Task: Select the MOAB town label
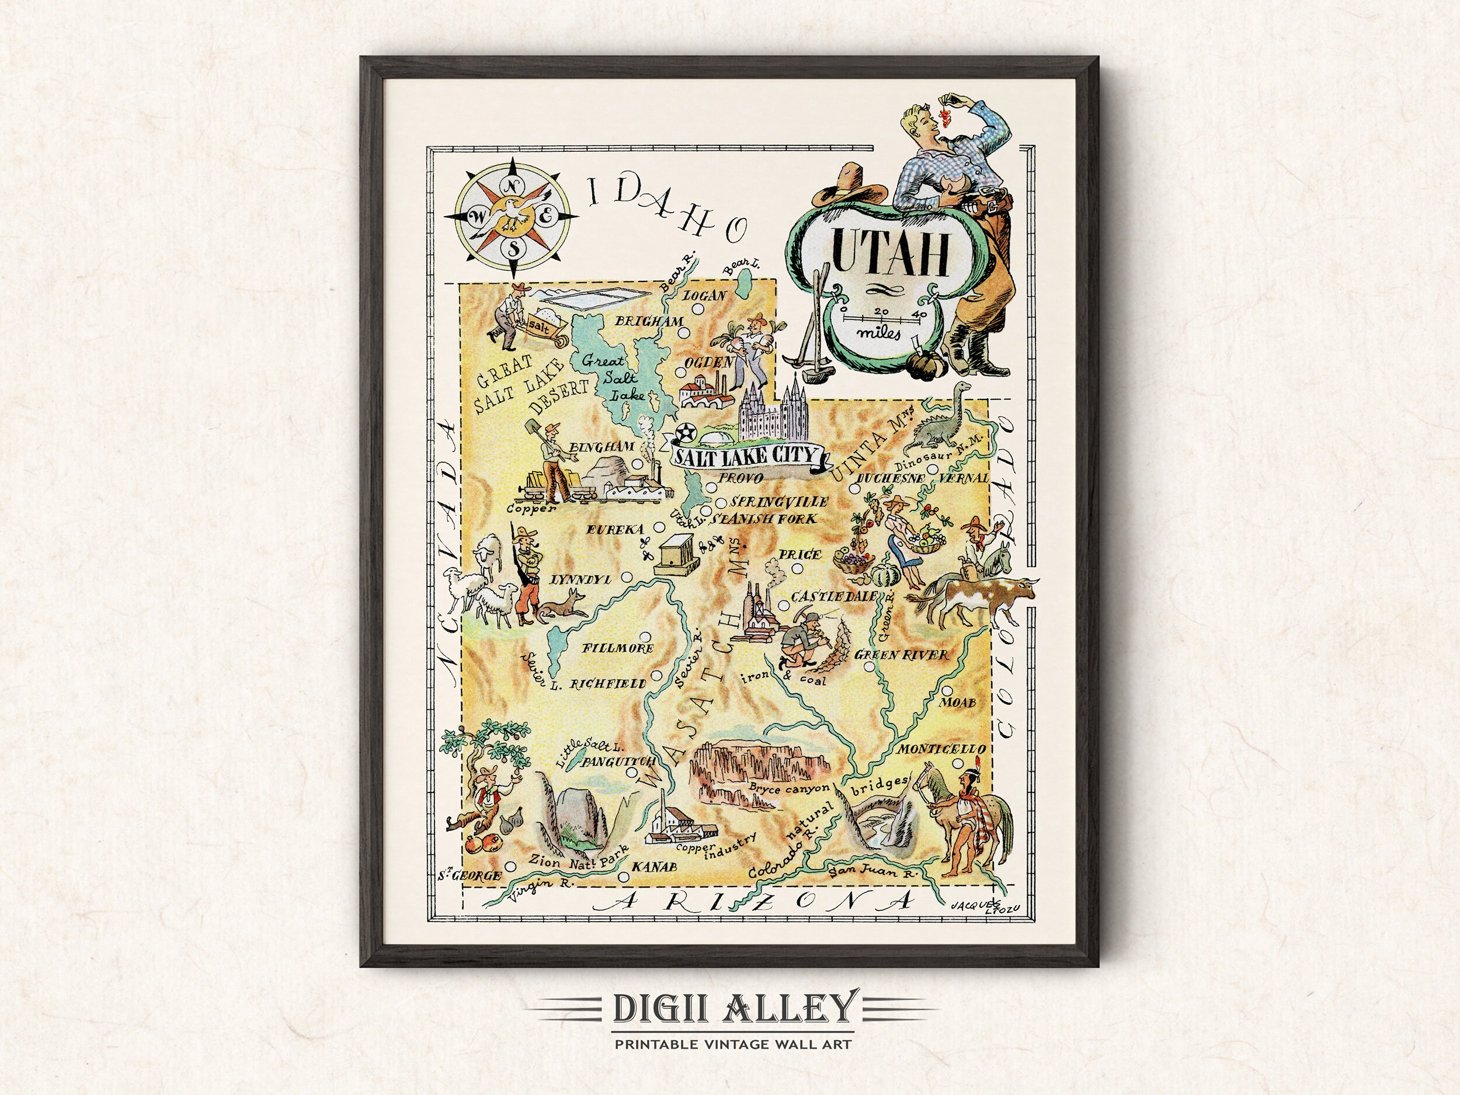pyautogui.click(x=958, y=703)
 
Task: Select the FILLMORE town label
pyautogui.click(x=618, y=648)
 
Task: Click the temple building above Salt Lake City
pyautogui.click(x=770, y=412)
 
